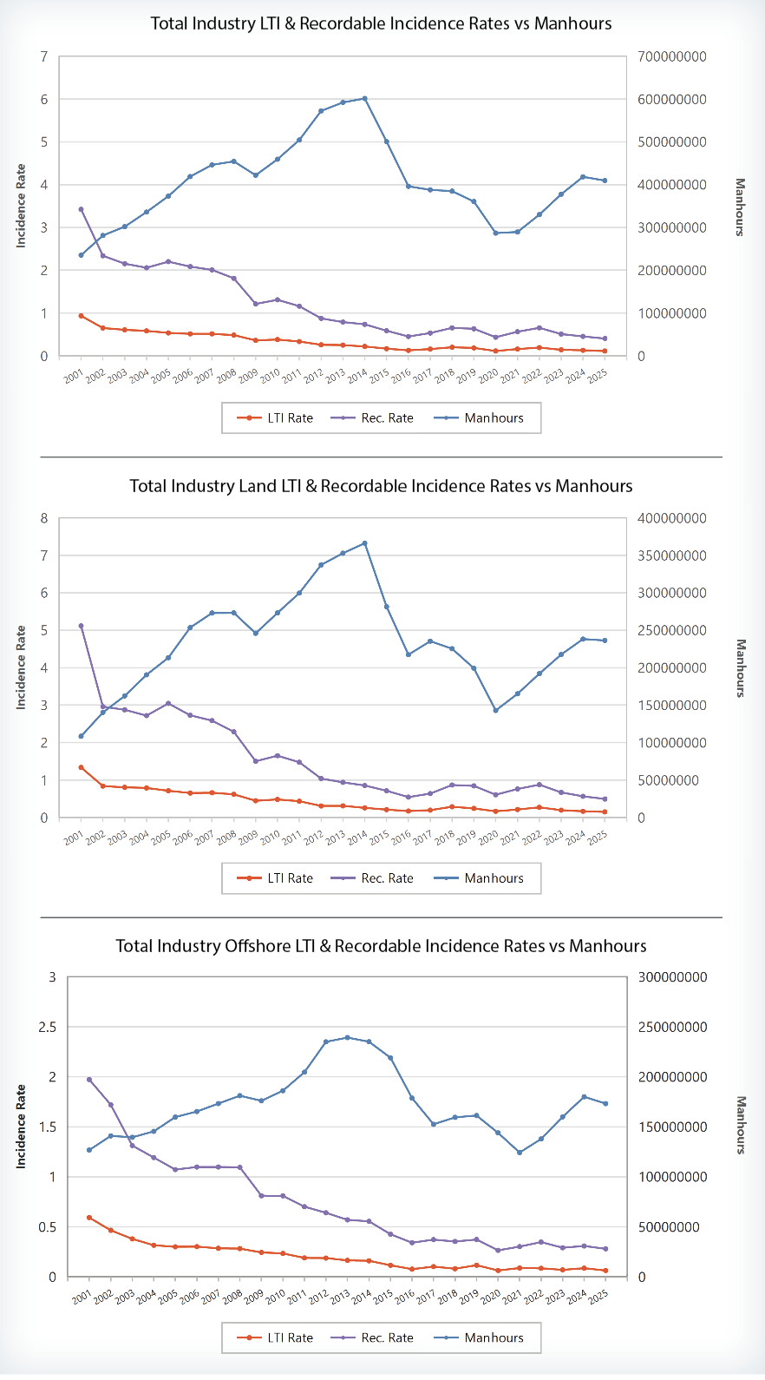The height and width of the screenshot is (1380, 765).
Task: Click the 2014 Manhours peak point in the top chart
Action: (x=364, y=98)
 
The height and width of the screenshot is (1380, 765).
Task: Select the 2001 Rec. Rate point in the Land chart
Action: (x=81, y=626)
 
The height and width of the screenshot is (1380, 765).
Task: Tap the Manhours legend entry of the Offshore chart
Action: (x=484, y=1337)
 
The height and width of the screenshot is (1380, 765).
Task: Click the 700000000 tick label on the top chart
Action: (x=671, y=56)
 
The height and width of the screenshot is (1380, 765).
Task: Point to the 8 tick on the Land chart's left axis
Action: (x=44, y=518)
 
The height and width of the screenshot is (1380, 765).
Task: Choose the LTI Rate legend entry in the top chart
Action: (x=276, y=417)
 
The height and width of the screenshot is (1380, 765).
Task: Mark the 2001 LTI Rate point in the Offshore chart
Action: (x=88, y=1218)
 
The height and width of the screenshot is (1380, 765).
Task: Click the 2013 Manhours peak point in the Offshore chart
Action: (x=347, y=1037)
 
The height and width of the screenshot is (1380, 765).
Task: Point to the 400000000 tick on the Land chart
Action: (x=671, y=518)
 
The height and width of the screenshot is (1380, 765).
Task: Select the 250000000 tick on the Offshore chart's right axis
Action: (x=672, y=1027)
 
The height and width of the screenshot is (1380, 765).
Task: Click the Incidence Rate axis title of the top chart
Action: (x=21, y=206)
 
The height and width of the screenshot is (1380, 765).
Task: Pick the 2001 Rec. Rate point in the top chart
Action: (x=81, y=209)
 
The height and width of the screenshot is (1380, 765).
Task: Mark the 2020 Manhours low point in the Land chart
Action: (x=495, y=710)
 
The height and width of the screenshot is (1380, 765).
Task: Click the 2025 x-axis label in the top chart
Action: (x=598, y=375)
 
